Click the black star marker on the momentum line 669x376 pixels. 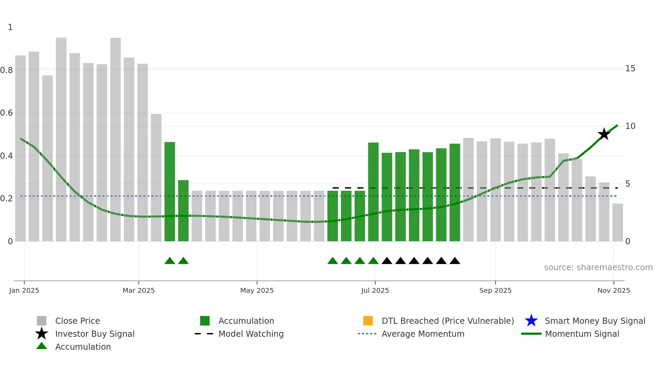(604, 134)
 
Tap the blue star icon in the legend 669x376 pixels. (531, 321)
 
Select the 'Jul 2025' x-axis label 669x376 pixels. (375, 290)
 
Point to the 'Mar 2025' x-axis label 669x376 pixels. (139, 290)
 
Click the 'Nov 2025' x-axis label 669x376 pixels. (613, 290)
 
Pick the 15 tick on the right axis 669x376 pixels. (630, 69)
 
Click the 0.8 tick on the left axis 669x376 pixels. (7, 70)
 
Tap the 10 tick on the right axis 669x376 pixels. (630, 126)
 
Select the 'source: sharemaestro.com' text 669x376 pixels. (598, 267)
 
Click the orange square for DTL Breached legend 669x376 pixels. (368, 321)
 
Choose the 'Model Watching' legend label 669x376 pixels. (251, 334)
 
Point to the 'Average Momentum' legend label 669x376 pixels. (423, 334)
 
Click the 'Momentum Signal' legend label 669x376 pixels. (582, 334)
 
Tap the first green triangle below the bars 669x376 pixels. (170, 261)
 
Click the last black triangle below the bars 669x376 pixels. (455, 261)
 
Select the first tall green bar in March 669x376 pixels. (170, 191)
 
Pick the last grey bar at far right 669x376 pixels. (617, 222)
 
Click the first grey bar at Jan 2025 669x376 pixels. (20, 148)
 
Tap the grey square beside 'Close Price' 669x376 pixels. (42, 321)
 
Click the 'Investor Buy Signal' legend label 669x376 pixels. (95, 334)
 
